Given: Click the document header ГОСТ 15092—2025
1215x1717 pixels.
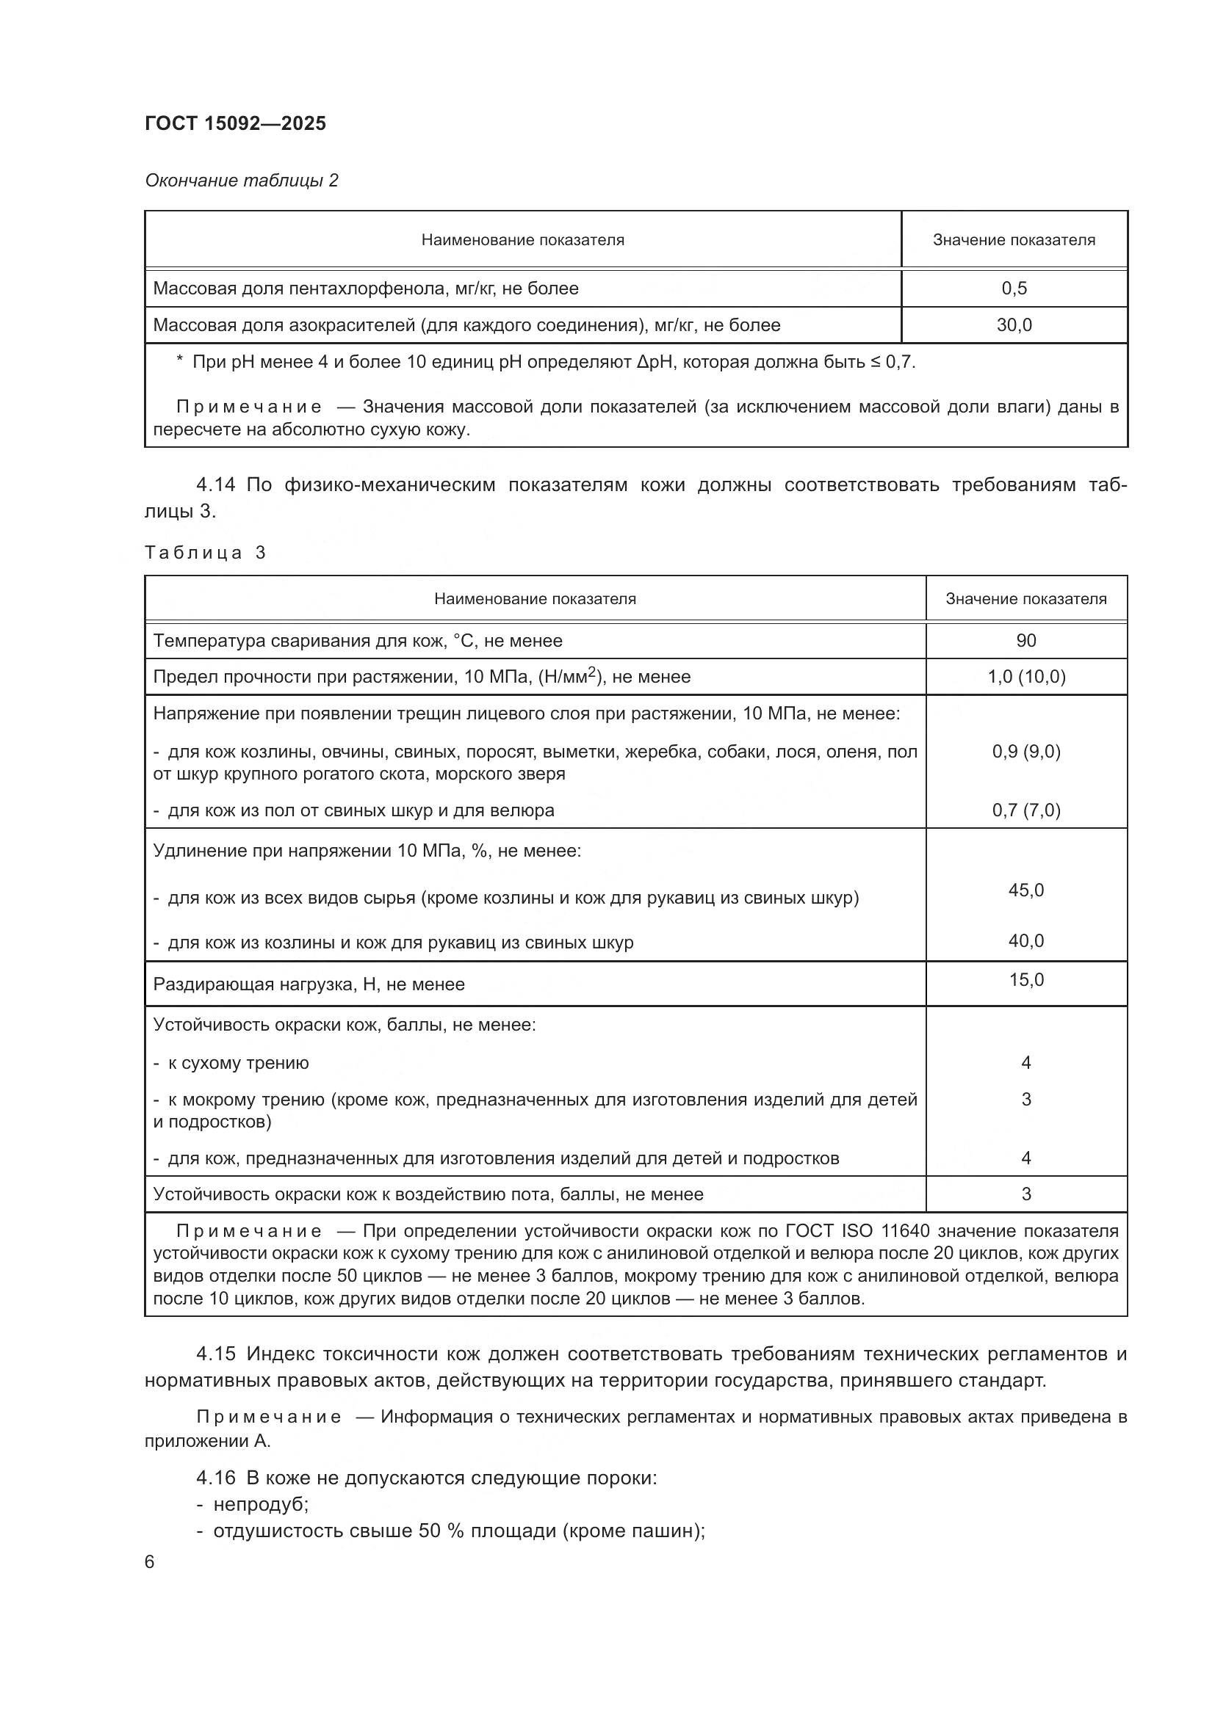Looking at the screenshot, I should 235,123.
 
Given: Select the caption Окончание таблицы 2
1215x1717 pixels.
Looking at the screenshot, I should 241,181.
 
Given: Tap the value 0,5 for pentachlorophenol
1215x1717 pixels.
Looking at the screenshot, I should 1014,288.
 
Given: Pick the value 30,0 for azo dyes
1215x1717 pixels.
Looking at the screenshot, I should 1014,325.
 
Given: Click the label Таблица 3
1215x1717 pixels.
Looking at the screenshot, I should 205,553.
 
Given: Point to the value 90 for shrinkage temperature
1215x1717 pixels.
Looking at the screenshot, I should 1025,641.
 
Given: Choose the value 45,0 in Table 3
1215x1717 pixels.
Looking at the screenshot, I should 1025,890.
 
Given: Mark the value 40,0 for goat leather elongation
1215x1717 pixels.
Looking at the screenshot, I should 1025,941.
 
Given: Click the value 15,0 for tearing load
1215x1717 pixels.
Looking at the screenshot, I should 1025,980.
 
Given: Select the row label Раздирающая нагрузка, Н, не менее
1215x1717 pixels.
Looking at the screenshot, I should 309,984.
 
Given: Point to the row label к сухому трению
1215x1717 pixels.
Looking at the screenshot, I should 238,1063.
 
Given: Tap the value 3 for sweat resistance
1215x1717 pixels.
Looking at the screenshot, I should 1025,1194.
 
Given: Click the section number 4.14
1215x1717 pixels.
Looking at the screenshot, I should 215,485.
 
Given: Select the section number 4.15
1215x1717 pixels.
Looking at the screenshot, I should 215,1354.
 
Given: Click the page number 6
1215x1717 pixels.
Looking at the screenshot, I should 150,1562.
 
